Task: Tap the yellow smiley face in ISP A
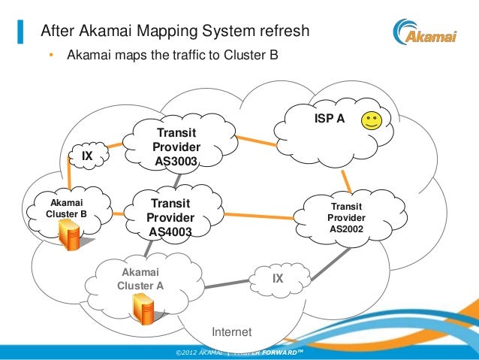click(x=370, y=120)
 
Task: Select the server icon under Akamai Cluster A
click(x=143, y=307)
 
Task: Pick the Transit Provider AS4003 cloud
click(x=170, y=217)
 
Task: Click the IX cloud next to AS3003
click(x=86, y=156)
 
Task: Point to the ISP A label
click(x=328, y=119)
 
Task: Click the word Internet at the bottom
click(x=232, y=332)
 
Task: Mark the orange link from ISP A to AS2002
click(x=347, y=181)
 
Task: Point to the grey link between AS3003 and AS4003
click(x=176, y=180)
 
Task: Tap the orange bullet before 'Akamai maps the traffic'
click(x=52, y=56)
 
